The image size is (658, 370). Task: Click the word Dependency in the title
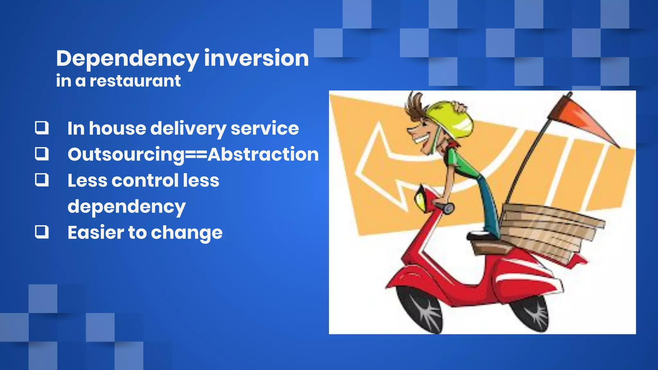click(x=127, y=59)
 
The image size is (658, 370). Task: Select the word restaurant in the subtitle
click(x=135, y=81)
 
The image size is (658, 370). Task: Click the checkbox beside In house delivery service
click(x=42, y=128)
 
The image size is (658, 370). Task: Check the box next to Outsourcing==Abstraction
click(x=42, y=154)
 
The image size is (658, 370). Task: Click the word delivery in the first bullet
click(x=188, y=128)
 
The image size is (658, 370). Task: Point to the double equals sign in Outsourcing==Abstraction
click(x=196, y=155)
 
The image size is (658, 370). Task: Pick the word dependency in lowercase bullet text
click(x=127, y=207)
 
